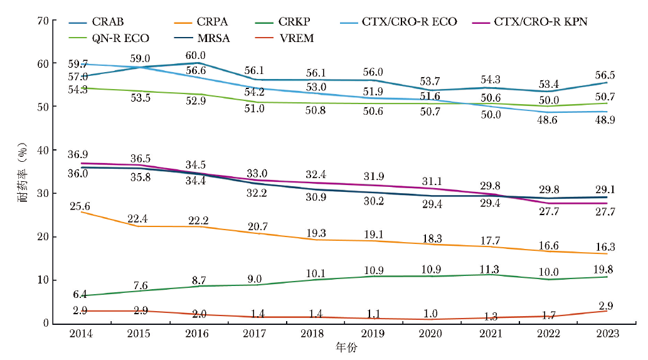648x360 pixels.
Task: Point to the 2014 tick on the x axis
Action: click(x=81, y=334)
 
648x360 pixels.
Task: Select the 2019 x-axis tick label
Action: click(x=372, y=334)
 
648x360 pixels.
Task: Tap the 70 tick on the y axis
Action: click(x=43, y=21)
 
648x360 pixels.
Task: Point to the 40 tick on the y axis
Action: click(x=43, y=151)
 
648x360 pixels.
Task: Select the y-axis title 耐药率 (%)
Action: click(x=23, y=172)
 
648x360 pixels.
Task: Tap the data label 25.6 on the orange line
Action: click(x=81, y=206)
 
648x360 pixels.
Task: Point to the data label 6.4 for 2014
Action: click(x=81, y=294)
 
